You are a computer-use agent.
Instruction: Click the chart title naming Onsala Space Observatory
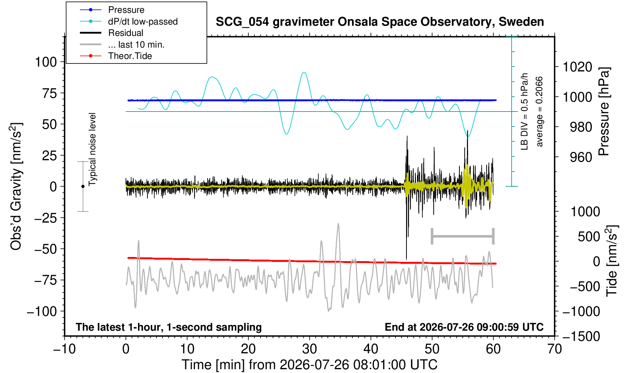click(x=380, y=22)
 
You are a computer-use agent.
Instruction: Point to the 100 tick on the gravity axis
click(x=46, y=62)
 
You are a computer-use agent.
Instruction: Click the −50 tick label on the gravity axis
click(x=45, y=249)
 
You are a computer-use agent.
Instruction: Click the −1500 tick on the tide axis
click(x=581, y=336)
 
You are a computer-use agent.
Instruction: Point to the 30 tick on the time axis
click(x=309, y=349)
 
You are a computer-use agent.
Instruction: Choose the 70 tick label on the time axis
click(x=554, y=349)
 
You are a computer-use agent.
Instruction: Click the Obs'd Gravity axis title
click(x=16, y=186)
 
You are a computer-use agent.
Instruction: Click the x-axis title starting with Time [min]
click(x=309, y=364)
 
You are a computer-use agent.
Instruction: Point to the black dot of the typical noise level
click(x=83, y=186)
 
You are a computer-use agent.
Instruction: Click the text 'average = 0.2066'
click(x=539, y=111)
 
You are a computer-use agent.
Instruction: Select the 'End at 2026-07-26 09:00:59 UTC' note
click(x=464, y=327)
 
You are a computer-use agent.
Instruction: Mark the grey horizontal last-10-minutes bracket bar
click(x=463, y=236)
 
